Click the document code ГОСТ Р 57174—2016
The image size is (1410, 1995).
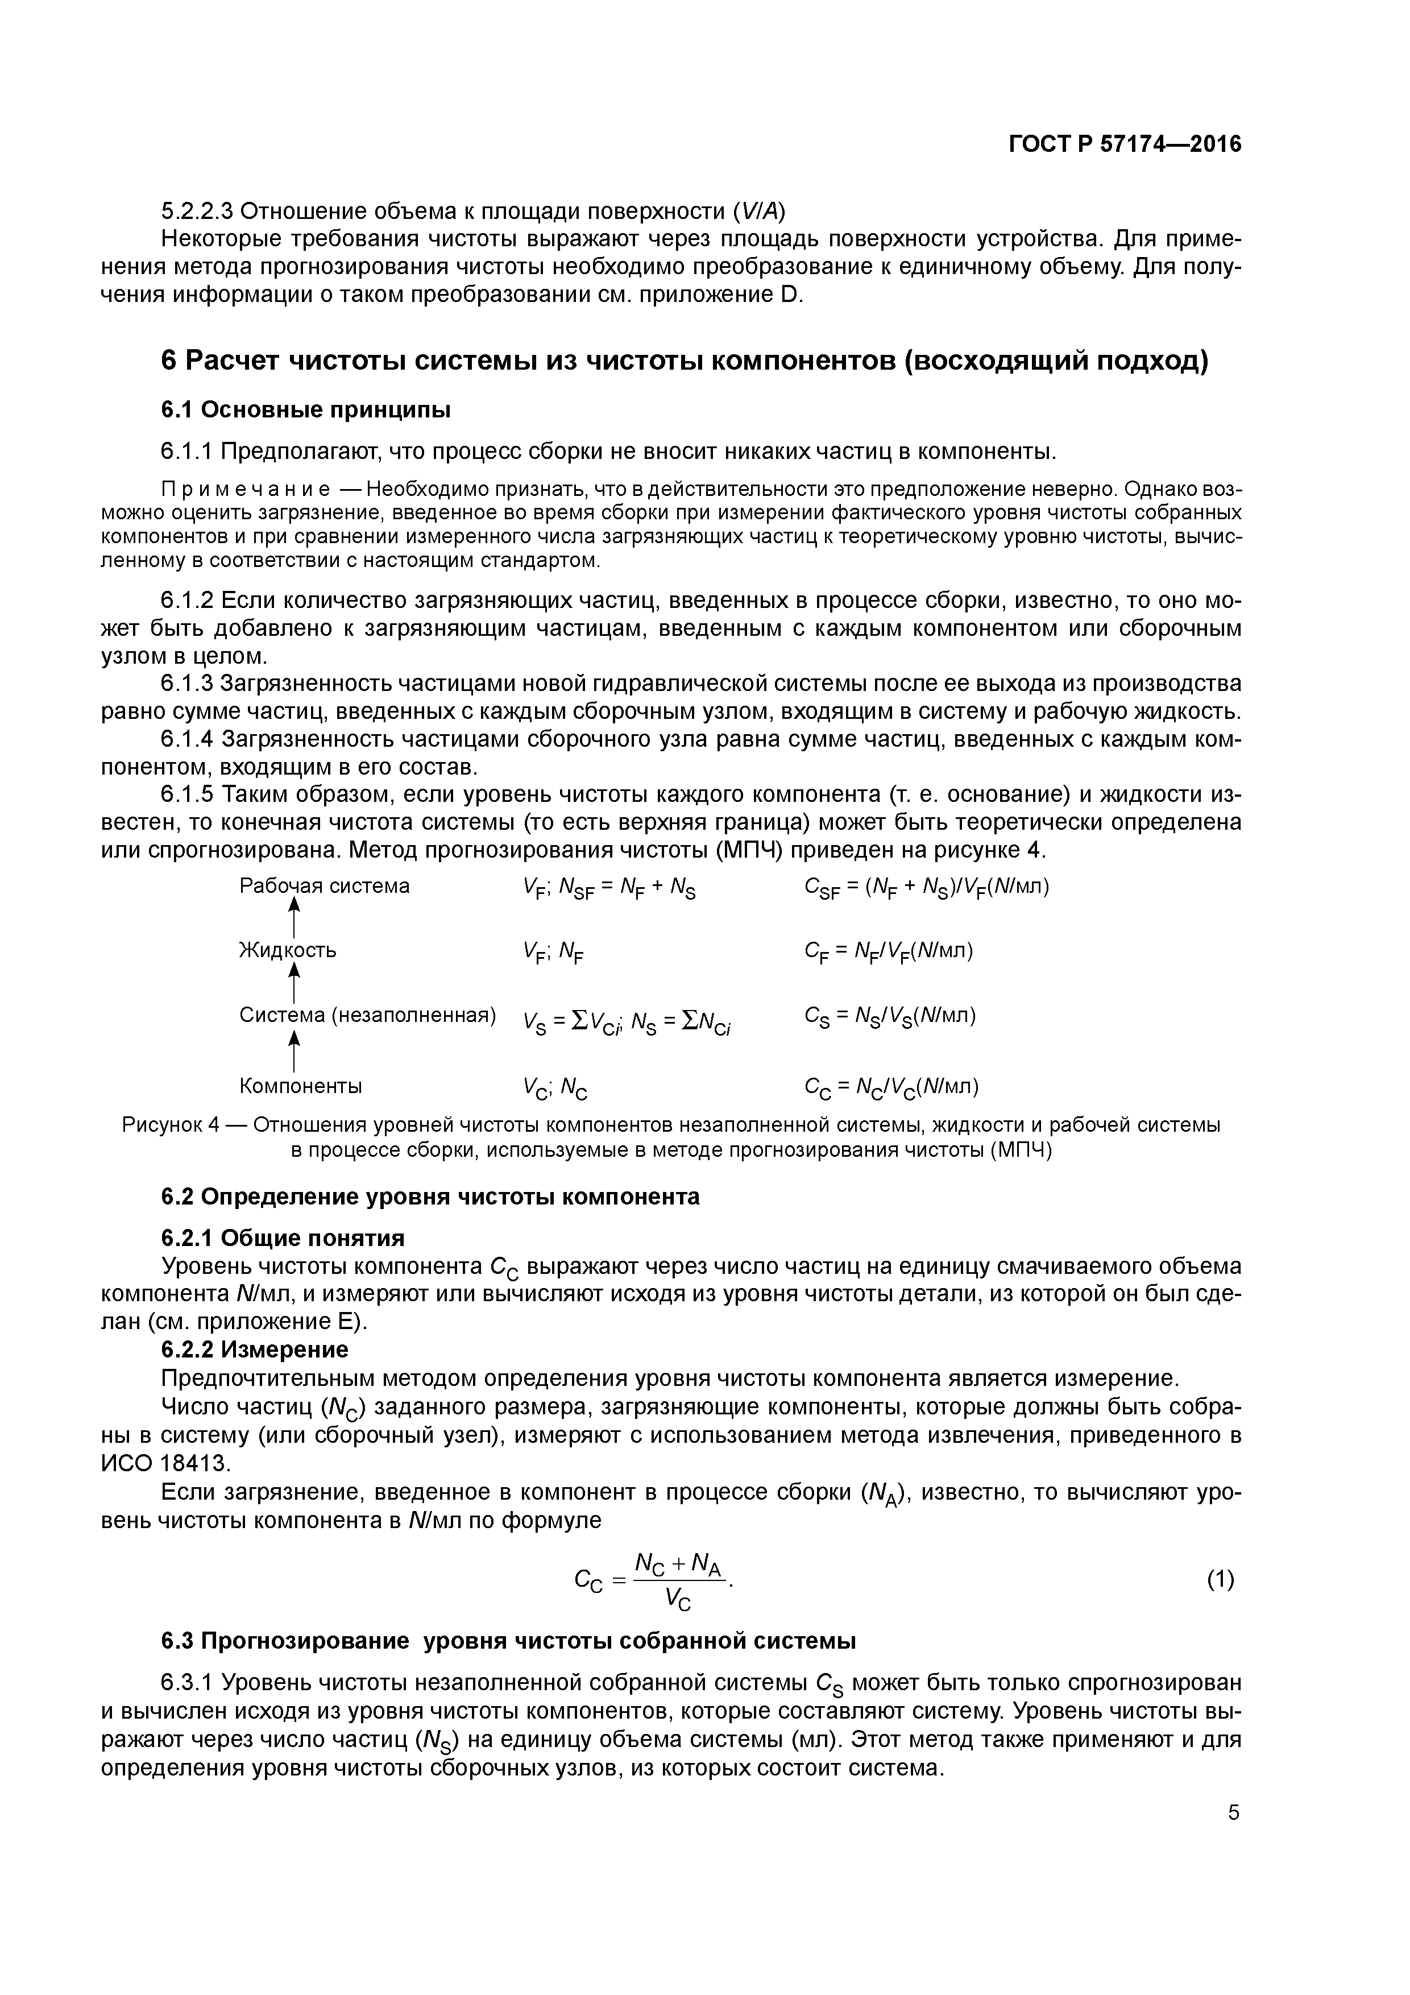coord(1125,144)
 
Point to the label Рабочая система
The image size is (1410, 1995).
coord(324,886)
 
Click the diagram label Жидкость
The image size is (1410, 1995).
coord(288,950)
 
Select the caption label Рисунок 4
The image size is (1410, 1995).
coord(170,1125)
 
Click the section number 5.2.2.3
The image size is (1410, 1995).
coord(197,211)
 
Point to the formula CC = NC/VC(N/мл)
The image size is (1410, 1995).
coord(891,1087)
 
